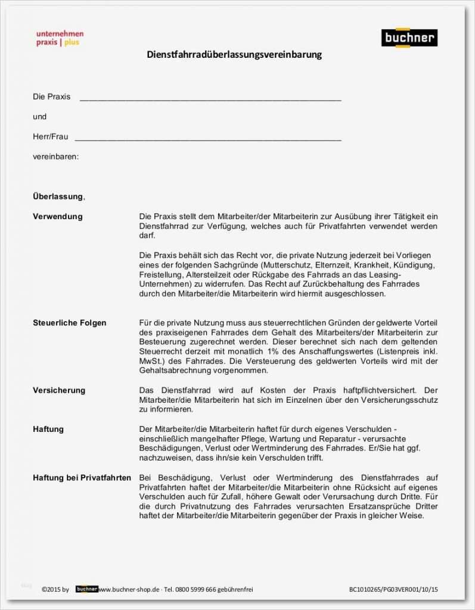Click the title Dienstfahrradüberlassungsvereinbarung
[234, 55]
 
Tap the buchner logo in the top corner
[409, 38]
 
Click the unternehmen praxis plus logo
[60, 38]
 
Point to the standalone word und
[39, 117]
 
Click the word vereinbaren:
[55, 157]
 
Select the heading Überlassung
[58, 197]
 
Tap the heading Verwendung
[58, 216]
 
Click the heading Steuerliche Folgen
[69, 323]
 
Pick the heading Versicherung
[59, 390]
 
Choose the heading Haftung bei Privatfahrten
[82, 478]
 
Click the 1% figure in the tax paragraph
[274, 351]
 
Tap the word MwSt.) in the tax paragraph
[151, 361]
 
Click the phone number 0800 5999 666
[201, 590]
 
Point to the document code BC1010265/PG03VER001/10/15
[393, 590]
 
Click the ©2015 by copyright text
[55, 590]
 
